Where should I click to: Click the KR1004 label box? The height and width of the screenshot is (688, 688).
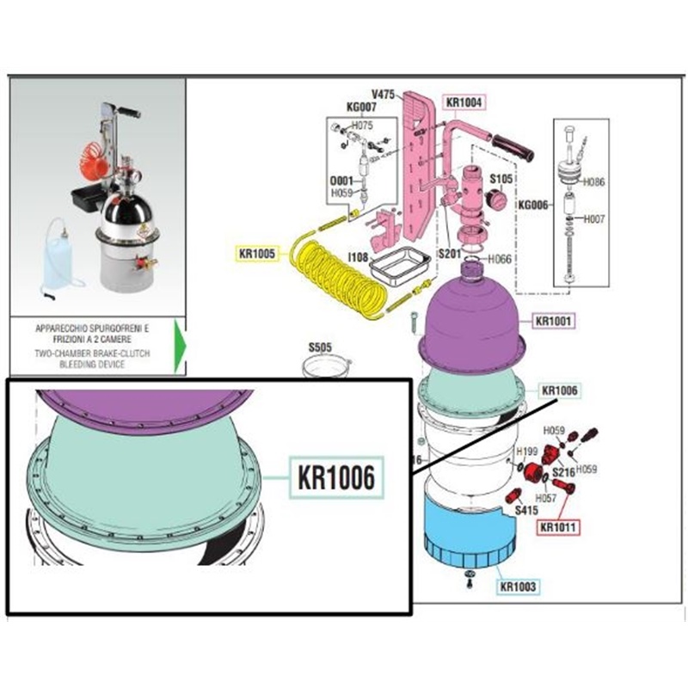tap(465, 102)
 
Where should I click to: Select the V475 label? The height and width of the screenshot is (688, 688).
tap(383, 94)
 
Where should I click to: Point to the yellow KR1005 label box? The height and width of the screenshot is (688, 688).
tap(258, 253)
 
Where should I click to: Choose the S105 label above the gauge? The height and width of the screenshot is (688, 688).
tap(501, 178)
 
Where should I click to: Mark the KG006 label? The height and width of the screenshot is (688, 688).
tap(532, 206)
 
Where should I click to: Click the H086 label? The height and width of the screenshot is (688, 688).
tap(594, 182)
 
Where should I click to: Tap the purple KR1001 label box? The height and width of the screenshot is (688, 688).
tap(554, 321)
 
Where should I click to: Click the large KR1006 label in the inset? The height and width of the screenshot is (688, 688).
tap(335, 476)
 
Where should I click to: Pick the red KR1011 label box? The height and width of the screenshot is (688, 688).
tap(558, 526)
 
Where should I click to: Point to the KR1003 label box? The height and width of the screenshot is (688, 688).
tap(518, 587)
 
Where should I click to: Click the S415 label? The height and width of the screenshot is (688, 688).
tap(526, 509)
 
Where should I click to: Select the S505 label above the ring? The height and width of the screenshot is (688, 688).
tap(320, 348)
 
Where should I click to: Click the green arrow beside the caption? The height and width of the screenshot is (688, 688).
tap(179, 346)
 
